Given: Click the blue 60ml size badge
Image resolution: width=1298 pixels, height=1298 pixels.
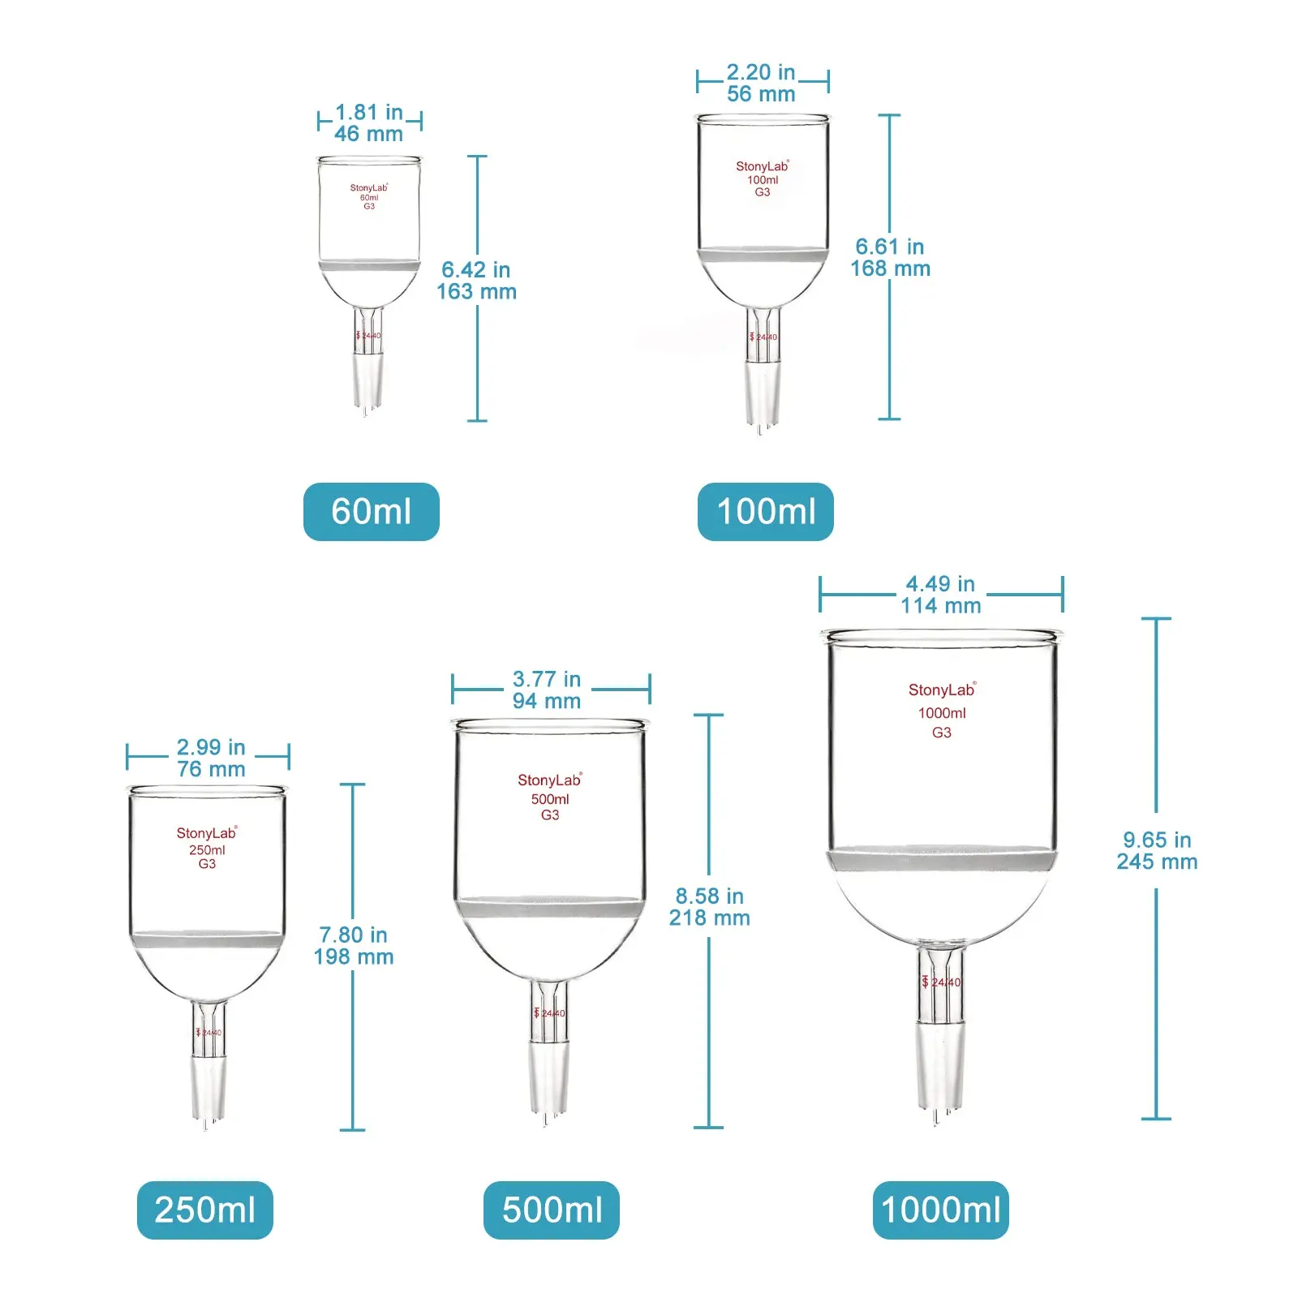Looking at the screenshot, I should [x=371, y=511].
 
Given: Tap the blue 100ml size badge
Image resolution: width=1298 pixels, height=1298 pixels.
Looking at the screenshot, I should [x=765, y=511].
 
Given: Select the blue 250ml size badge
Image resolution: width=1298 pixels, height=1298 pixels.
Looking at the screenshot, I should [x=204, y=1210].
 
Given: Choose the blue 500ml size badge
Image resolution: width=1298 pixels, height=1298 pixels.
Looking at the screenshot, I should [x=551, y=1210].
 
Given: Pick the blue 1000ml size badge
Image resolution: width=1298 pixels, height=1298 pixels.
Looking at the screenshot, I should [x=940, y=1210].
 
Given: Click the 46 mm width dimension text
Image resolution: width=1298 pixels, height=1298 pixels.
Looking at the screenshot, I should [x=369, y=134].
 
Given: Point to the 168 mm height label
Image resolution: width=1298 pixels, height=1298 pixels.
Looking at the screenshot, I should [x=890, y=269].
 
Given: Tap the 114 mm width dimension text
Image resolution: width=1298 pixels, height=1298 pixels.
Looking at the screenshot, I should [x=940, y=605].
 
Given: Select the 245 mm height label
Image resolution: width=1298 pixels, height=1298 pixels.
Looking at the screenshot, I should [x=1157, y=862].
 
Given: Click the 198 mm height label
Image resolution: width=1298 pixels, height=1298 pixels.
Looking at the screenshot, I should [x=354, y=956].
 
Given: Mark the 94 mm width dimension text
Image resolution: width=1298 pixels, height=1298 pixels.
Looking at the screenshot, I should [x=547, y=701].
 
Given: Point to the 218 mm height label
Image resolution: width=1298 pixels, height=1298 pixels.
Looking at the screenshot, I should [x=709, y=918].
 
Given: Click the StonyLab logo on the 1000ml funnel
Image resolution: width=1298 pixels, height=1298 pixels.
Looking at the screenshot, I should [x=941, y=690].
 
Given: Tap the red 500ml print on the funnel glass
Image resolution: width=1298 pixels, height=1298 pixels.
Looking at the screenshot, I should [x=550, y=799].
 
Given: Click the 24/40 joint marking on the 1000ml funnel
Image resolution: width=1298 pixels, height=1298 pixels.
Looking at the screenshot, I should [x=944, y=982].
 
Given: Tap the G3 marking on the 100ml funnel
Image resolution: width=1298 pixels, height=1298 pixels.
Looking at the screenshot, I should [x=763, y=192].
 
